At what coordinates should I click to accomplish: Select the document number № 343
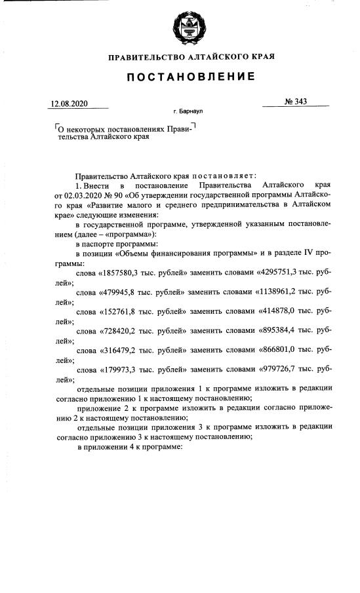pyautogui.click(x=296, y=102)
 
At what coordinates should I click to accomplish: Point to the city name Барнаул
pyautogui.click(x=188, y=113)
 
